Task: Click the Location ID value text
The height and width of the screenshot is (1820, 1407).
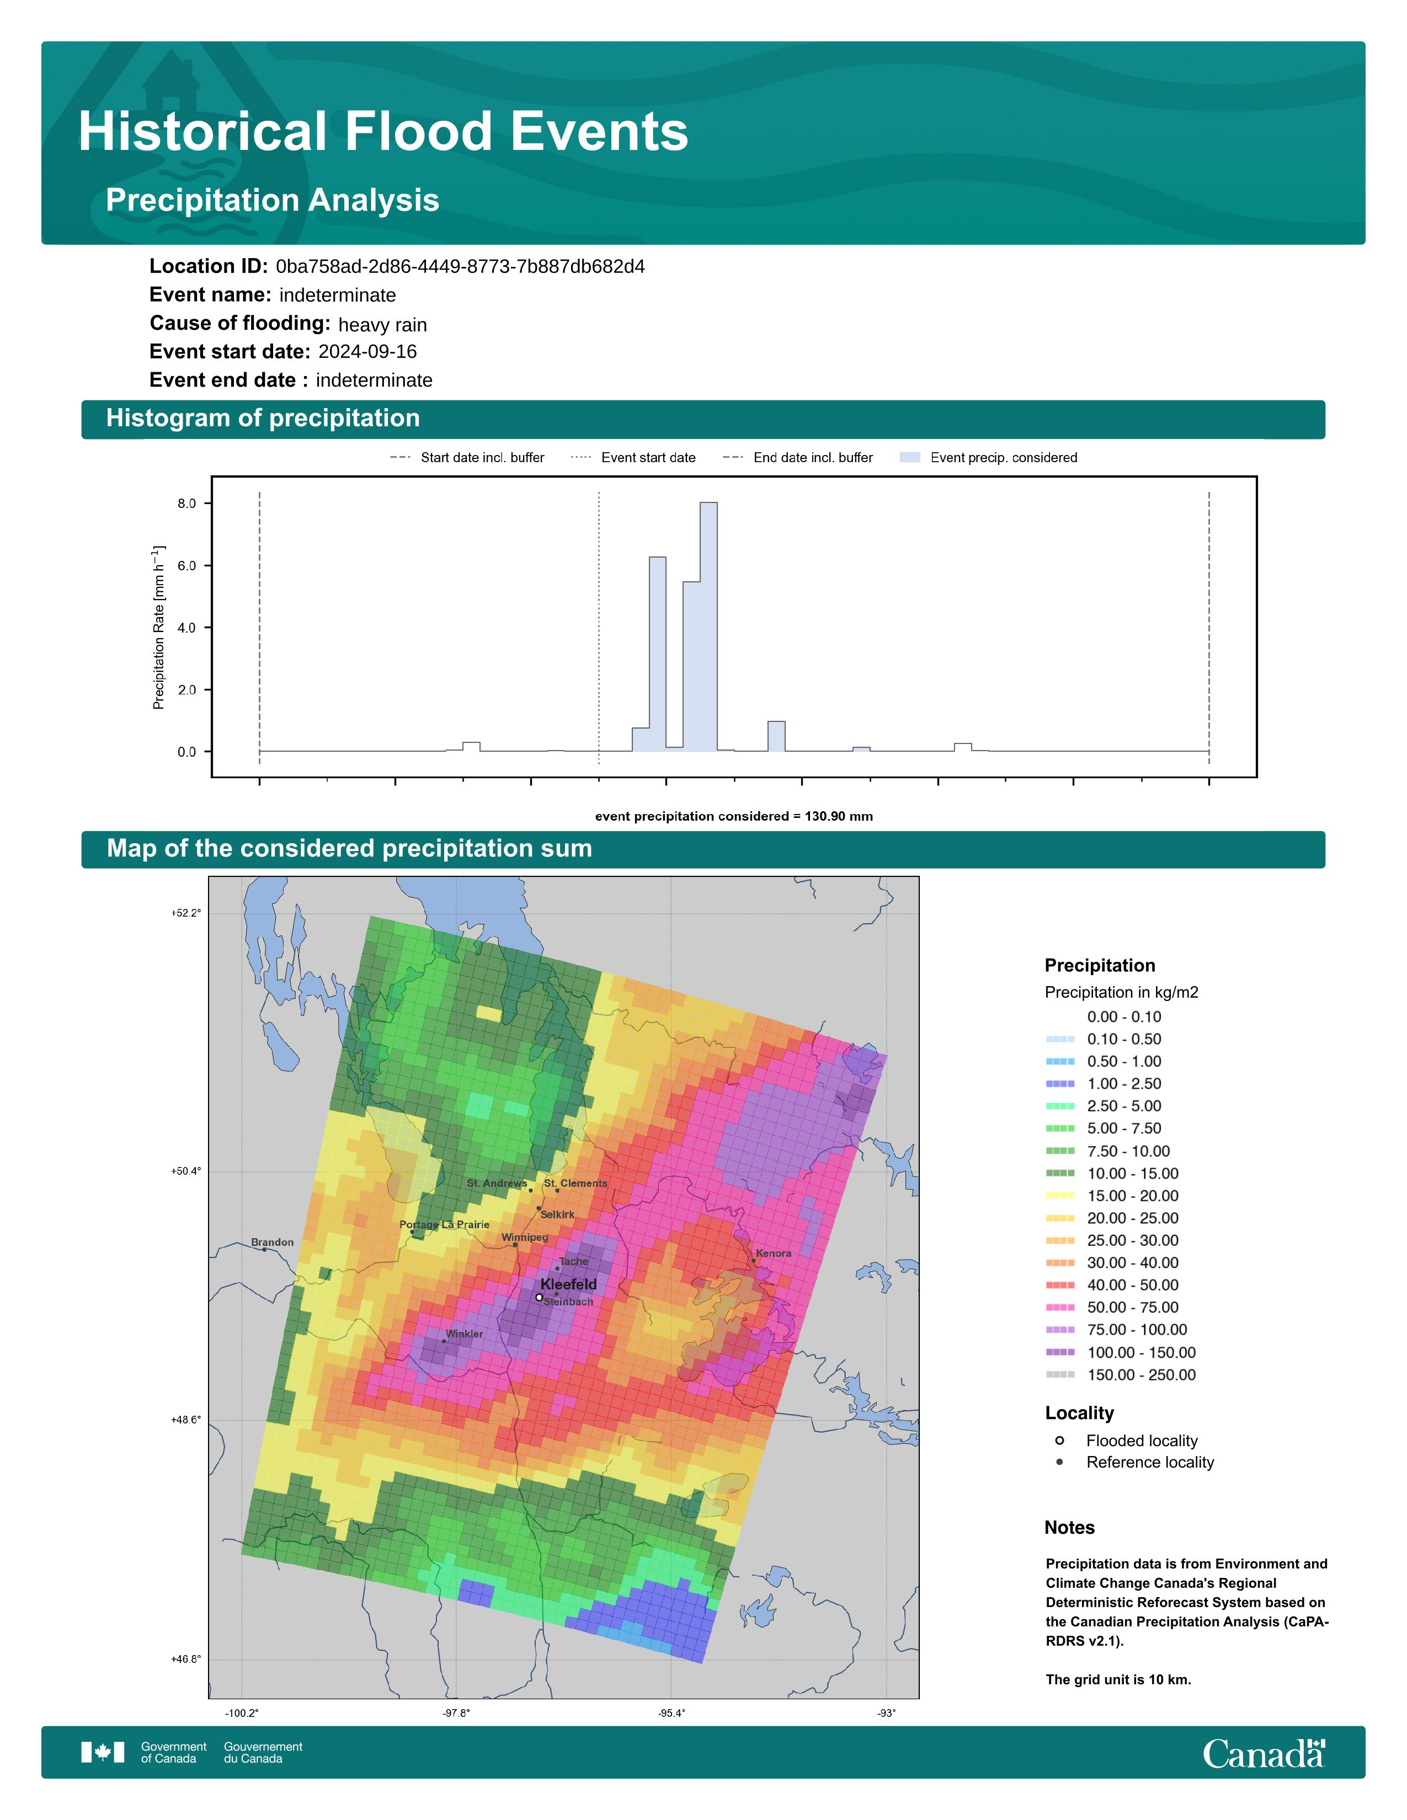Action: click(x=460, y=267)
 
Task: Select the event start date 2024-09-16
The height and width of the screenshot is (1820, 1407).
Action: click(x=367, y=352)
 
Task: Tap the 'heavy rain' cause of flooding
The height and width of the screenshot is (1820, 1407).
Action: click(x=382, y=325)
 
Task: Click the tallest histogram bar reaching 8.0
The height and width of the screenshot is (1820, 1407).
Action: click(x=708, y=627)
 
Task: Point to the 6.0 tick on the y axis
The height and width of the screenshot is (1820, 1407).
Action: click(x=186, y=566)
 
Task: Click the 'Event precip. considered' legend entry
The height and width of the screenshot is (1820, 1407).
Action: click(x=989, y=458)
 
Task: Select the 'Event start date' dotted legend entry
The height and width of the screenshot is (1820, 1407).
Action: click(x=633, y=458)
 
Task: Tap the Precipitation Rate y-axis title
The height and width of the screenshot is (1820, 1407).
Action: click(x=158, y=628)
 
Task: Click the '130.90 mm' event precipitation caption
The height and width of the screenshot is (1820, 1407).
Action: click(x=839, y=817)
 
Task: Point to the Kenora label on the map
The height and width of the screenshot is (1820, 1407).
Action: click(x=774, y=1254)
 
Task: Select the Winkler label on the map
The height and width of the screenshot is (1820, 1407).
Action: click(x=464, y=1334)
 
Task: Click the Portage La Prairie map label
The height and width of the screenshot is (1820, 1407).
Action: click(x=444, y=1224)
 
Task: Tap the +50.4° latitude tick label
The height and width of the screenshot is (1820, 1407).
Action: click(x=186, y=1171)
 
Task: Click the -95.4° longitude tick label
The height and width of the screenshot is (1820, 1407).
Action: click(x=672, y=1714)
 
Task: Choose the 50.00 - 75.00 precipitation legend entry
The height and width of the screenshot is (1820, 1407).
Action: click(x=1112, y=1308)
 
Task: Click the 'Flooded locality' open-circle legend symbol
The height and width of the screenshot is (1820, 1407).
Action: click(x=1059, y=1440)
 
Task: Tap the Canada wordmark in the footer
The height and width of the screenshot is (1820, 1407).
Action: click(x=1264, y=1754)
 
